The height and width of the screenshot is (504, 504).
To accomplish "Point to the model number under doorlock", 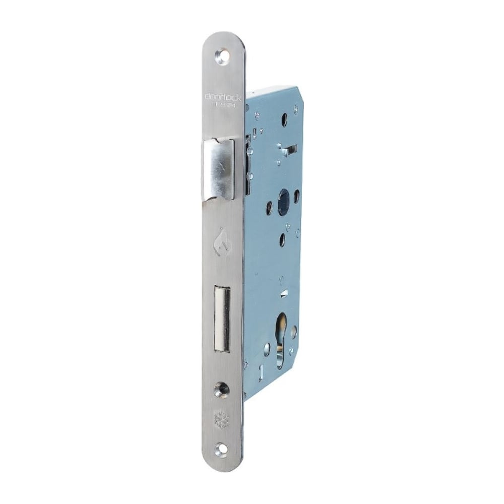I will [x=224, y=106].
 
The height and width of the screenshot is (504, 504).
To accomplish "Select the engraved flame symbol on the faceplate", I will [x=220, y=245].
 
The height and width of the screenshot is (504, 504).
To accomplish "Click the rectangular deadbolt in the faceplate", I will [x=222, y=319].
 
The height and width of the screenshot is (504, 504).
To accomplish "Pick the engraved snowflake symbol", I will [x=221, y=419].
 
